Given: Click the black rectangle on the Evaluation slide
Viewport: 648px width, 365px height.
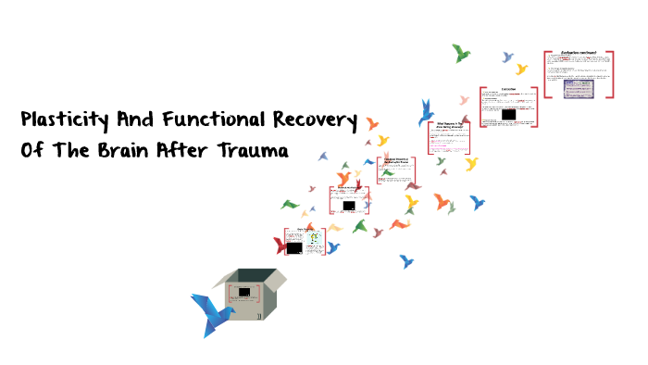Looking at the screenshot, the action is pyautogui.click(x=507, y=115).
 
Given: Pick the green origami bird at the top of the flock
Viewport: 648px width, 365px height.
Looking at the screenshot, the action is pyautogui.click(x=461, y=53).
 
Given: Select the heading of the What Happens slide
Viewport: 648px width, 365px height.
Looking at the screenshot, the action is pyautogui.click(x=449, y=124).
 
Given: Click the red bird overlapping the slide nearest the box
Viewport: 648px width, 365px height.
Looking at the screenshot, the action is pyautogui.click(x=280, y=245).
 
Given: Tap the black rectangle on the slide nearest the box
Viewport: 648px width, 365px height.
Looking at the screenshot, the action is pyautogui.click(x=294, y=247).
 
